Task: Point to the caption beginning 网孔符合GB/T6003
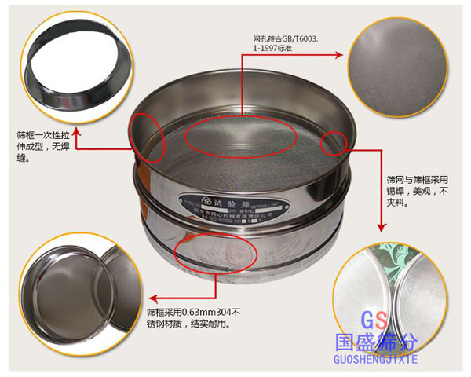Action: pyautogui.click(x=286, y=42)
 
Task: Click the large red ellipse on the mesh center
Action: pyautogui.click(x=240, y=138)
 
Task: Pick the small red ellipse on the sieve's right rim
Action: pyautogui.click(x=333, y=142)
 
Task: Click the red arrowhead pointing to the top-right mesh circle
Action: pyautogui.click(x=339, y=55)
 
